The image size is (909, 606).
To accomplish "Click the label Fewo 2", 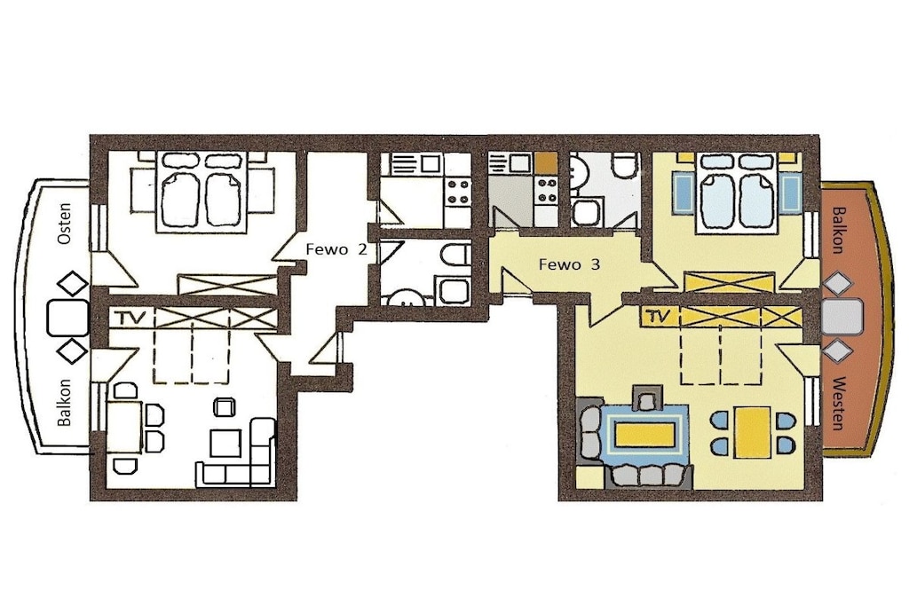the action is point(336,249).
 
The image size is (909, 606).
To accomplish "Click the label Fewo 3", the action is point(569,264).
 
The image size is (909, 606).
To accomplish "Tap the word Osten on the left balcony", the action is point(65,223).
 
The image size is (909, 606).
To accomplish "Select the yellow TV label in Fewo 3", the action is point(656,317).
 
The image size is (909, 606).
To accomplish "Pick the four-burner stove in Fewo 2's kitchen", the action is point(458,192).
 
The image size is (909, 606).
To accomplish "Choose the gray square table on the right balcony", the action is point(842,317).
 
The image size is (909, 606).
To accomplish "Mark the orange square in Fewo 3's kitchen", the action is point(546,162).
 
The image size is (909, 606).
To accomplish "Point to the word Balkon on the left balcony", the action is point(65,403).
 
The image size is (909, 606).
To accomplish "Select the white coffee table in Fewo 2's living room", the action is point(225,444).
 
